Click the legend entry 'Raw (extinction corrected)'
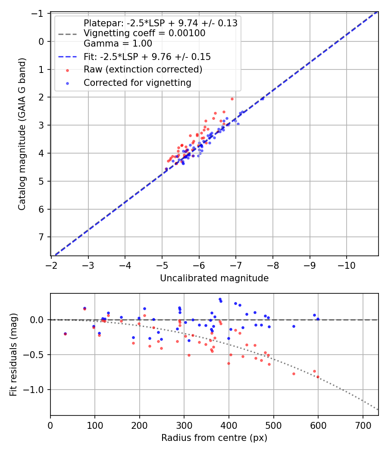(x=143, y=69)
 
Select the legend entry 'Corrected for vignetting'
(x=138, y=82)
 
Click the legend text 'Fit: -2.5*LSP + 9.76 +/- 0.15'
(x=147, y=57)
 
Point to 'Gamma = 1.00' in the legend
(x=118, y=43)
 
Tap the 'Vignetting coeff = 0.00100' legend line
(x=144, y=33)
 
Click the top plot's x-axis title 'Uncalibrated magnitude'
(x=214, y=278)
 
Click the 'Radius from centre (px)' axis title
(x=214, y=438)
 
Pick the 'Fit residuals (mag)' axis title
(x=13, y=355)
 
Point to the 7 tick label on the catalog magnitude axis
(x=42, y=237)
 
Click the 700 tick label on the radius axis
(x=363, y=425)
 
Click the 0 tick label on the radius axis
(x=50, y=425)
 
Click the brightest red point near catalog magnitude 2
(x=232, y=99)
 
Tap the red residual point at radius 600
(x=318, y=377)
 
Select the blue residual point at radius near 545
(x=294, y=326)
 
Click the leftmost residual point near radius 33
(x=65, y=333)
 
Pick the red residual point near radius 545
(x=294, y=374)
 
